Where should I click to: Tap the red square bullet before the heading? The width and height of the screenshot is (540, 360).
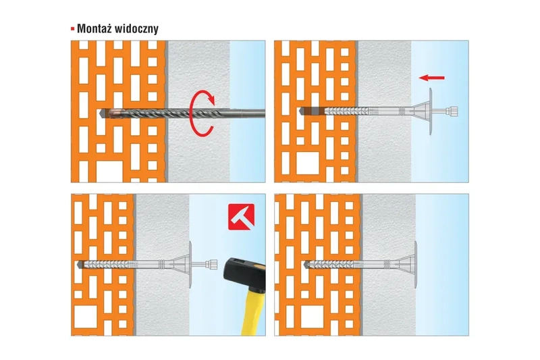73,30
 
